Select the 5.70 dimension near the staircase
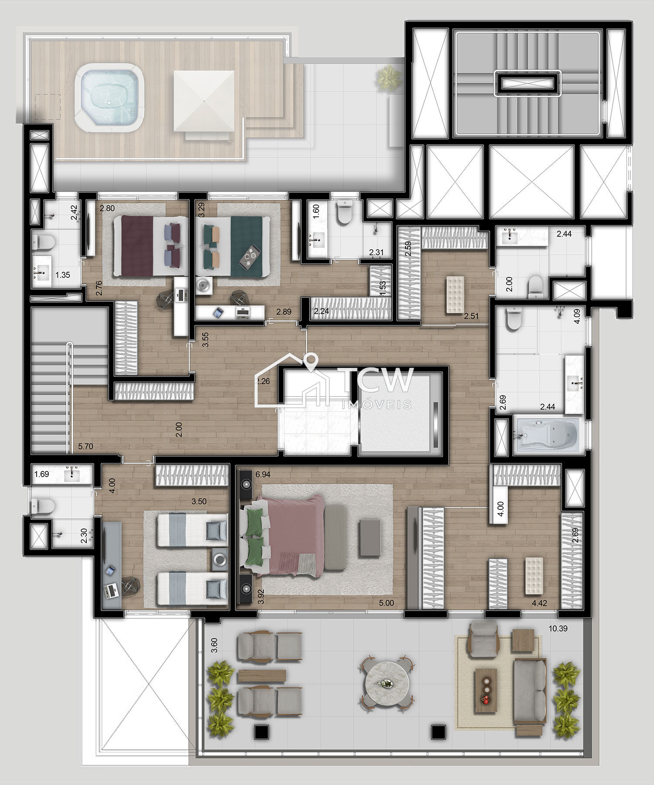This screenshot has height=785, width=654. (x=85, y=446)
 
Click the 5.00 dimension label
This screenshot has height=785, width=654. (x=386, y=603)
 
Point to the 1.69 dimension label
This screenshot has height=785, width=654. (x=42, y=474)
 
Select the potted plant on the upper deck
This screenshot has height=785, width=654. (x=389, y=78)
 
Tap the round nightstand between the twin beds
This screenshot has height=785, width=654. (x=220, y=559)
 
